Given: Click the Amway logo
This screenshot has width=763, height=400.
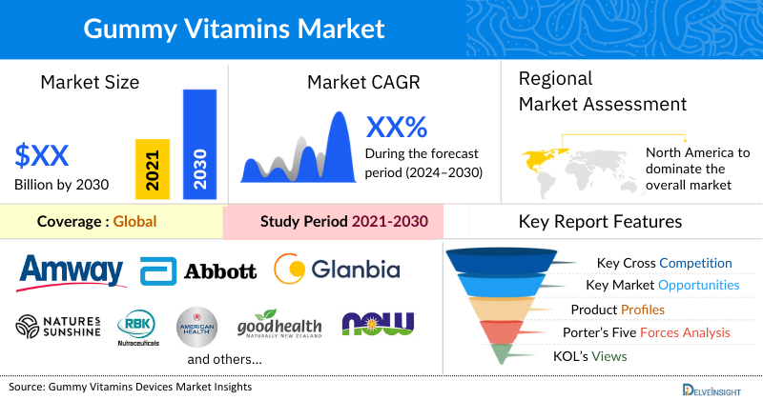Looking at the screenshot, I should coord(72,270).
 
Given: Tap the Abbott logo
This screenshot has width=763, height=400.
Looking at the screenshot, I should coord(198,271).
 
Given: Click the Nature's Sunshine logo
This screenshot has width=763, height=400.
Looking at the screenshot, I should coord(58,326).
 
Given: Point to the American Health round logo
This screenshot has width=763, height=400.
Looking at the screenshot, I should coord(197,326).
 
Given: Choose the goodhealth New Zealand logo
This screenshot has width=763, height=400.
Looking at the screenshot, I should coord(279,326).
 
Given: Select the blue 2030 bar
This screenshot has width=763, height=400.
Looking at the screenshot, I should coord(199,143).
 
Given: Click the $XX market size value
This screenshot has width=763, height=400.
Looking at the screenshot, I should coord(42,154).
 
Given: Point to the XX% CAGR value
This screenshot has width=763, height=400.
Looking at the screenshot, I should coord(397,128).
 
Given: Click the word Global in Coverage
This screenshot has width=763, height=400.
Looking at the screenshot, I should coord(134,222).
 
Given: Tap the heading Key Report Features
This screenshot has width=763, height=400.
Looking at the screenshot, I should coord(600,222).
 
